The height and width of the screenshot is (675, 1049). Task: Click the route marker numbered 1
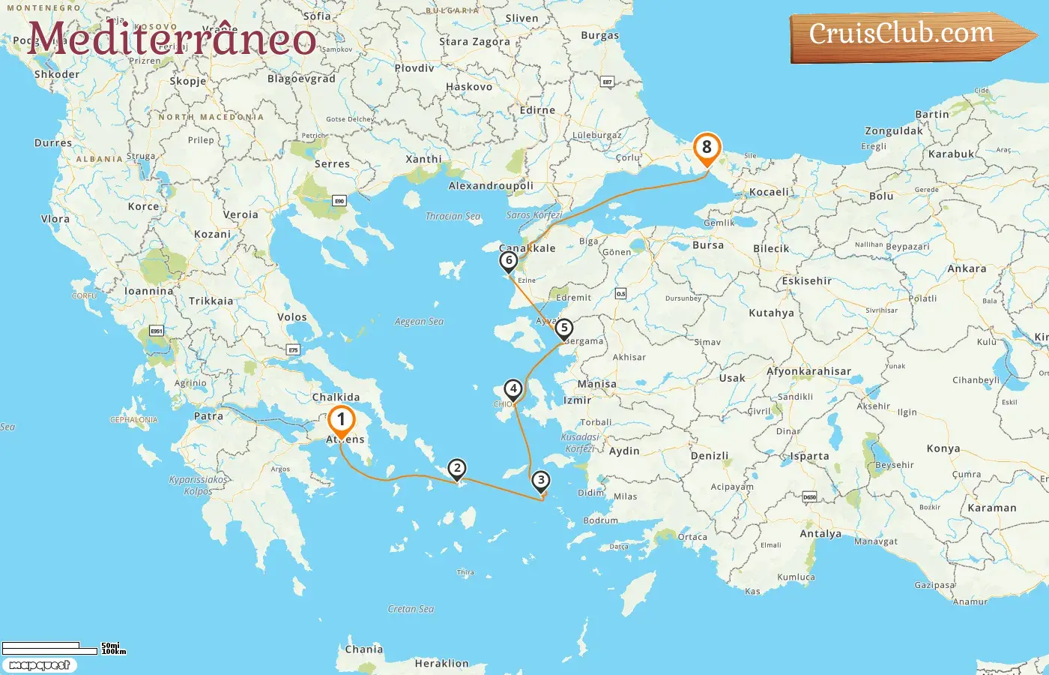tap(341, 421)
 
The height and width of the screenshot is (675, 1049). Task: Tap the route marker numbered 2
tap(457, 469)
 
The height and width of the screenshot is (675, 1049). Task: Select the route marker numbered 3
tap(540, 481)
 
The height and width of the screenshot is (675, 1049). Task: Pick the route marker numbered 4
tap(513, 388)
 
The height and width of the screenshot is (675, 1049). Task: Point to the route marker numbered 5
tap(564, 328)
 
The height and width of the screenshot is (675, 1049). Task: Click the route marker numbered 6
tap(509, 261)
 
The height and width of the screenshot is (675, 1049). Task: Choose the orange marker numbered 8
tap(707, 148)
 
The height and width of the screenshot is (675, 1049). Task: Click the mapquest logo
tap(39, 665)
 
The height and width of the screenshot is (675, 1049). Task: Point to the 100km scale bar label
tap(114, 652)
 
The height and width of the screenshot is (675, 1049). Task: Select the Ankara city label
tap(967, 268)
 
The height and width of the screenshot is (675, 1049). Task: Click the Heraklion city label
tap(441, 664)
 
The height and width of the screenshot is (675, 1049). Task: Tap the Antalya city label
tap(820, 534)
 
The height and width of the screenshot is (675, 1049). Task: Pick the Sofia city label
tap(318, 16)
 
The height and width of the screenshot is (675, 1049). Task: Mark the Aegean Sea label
tap(419, 322)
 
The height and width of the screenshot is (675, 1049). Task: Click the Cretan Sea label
tap(411, 609)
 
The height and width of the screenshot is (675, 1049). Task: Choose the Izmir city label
tap(577, 400)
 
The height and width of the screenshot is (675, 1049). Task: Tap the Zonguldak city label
tap(894, 130)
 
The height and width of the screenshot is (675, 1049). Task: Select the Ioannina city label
tap(148, 291)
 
